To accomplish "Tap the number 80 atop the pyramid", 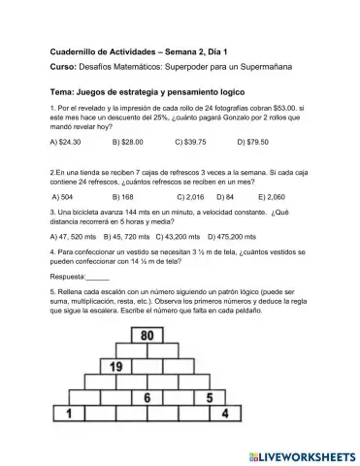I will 147,336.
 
